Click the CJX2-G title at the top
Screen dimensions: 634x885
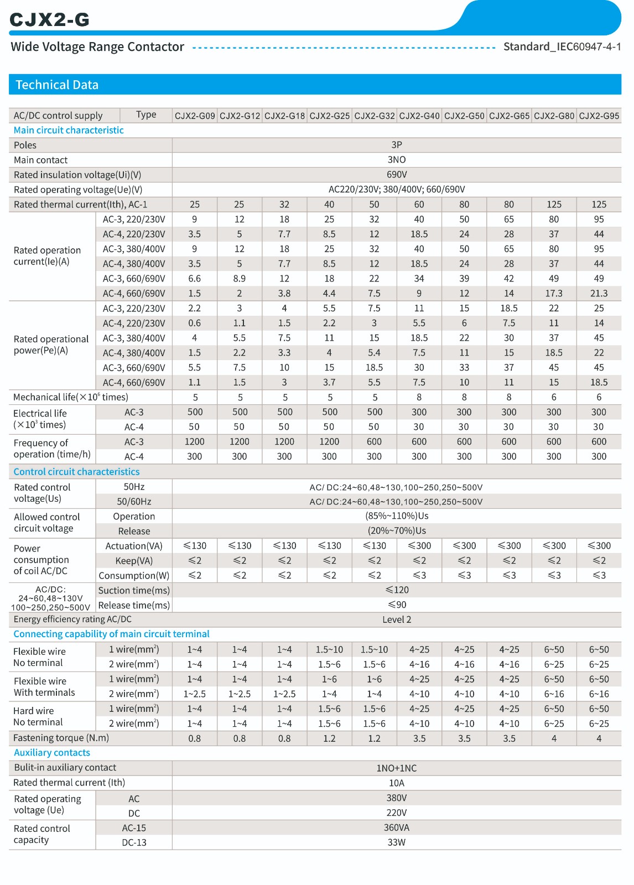coord(49,19)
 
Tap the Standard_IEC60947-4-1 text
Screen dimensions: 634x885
coord(562,46)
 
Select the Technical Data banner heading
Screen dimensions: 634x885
coord(57,85)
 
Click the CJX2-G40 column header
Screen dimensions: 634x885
coord(419,116)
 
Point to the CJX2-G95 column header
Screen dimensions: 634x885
coord(599,116)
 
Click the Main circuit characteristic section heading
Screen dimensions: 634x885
coord(69,130)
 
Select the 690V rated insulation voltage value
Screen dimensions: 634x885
coord(397,175)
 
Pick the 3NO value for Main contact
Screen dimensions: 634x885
coord(397,160)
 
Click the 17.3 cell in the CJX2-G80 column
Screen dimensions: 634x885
coord(554,294)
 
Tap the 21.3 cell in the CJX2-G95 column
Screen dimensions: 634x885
coord(599,294)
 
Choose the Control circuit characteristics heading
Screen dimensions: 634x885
coord(76,472)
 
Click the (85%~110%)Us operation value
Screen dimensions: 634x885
coord(397,516)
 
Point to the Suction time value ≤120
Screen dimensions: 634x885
coord(397,590)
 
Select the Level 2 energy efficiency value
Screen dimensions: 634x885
coord(397,619)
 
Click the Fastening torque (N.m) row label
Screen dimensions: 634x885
coord(61,738)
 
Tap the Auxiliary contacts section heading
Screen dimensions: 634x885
coord(52,753)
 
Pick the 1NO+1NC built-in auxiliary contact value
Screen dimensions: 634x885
coord(397,768)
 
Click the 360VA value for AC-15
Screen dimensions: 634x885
coord(397,827)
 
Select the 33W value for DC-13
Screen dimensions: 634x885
coord(397,842)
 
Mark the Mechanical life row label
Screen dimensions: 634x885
coord(71,397)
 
